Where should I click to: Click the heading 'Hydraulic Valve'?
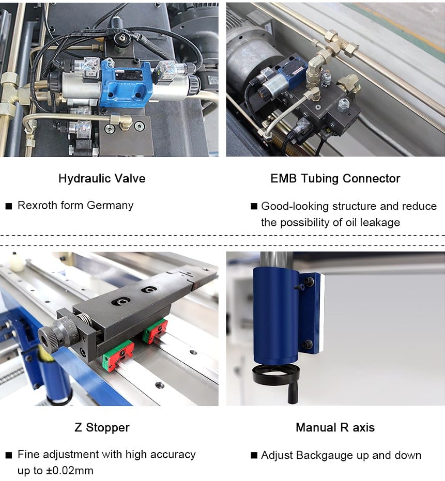102,179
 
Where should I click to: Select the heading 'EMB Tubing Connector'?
335,179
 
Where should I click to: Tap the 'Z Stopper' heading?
102,428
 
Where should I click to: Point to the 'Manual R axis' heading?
335,428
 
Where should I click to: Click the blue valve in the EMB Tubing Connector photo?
291,72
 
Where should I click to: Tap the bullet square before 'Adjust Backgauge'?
254,455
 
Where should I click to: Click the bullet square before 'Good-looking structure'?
254,206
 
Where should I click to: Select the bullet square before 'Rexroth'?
9,206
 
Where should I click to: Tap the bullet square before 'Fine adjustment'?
9,455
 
